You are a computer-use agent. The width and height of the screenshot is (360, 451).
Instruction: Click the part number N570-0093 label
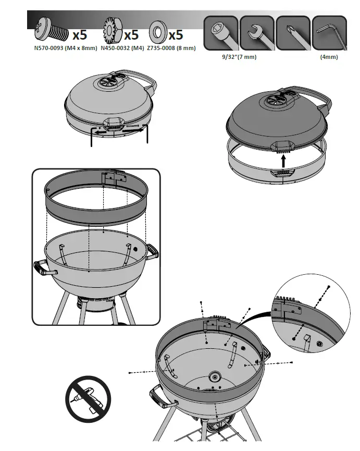coord(66,48)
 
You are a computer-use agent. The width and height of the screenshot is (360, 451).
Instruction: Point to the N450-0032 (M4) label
coord(122,48)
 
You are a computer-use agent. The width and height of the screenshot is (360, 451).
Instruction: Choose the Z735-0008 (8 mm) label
coord(171,48)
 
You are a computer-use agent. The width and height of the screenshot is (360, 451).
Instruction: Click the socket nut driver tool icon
coord(220,33)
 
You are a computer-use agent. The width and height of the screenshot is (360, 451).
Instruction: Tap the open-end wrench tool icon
coord(256,33)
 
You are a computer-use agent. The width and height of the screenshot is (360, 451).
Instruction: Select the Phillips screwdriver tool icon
coord(293,33)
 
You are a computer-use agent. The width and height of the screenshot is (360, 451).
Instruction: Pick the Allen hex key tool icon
coord(329,33)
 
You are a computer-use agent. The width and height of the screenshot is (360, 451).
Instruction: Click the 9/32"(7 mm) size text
coord(239,57)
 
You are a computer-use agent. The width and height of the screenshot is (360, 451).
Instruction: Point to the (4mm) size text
coord(329,57)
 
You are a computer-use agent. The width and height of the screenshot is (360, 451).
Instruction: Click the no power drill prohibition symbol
coord(88,398)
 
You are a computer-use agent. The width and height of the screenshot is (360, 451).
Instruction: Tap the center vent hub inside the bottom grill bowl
coord(215,377)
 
